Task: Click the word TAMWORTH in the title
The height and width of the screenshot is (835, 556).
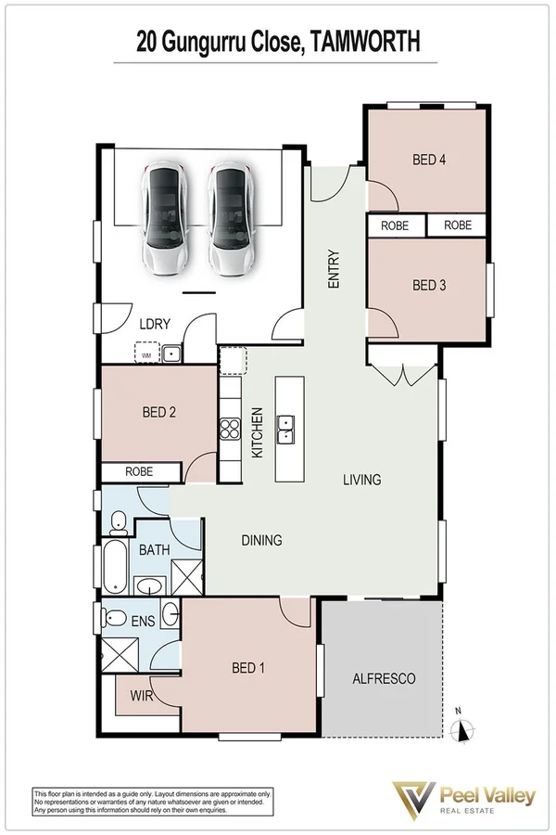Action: click(x=365, y=41)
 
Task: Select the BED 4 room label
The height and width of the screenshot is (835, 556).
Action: click(x=429, y=160)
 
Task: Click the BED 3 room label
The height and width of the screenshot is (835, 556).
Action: click(x=429, y=285)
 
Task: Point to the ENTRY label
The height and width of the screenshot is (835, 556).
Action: click(x=335, y=270)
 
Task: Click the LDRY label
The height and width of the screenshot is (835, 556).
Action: click(x=154, y=324)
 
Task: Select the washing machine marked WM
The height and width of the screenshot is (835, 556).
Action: click(x=145, y=353)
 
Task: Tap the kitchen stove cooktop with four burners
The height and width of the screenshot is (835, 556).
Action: click(x=230, y=429)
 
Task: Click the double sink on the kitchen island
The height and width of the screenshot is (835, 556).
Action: click(x=287, y=429)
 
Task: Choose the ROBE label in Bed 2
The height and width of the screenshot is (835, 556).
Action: click(x=139, y=472)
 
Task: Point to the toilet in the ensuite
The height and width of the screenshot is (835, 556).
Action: click(x=116, y=618)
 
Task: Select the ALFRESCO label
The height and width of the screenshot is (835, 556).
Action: click(x=384, y=678)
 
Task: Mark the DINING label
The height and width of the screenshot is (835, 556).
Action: click(x=261, y=540)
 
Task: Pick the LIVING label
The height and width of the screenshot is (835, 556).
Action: click(x=361, y=480)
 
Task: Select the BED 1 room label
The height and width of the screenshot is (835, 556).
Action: click(x=247, y=666)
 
